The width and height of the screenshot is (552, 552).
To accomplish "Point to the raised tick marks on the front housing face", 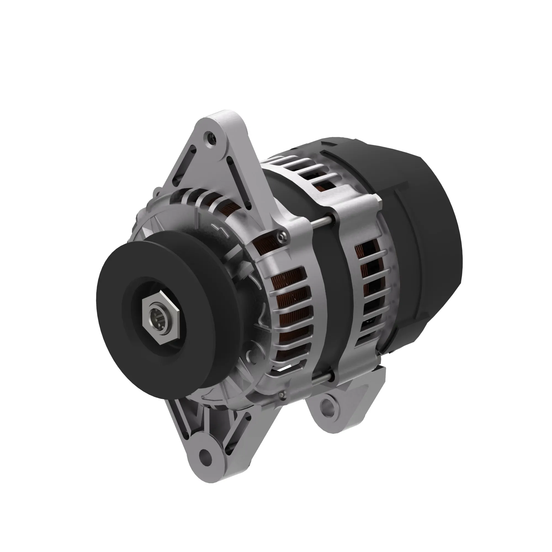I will [219, 229].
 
